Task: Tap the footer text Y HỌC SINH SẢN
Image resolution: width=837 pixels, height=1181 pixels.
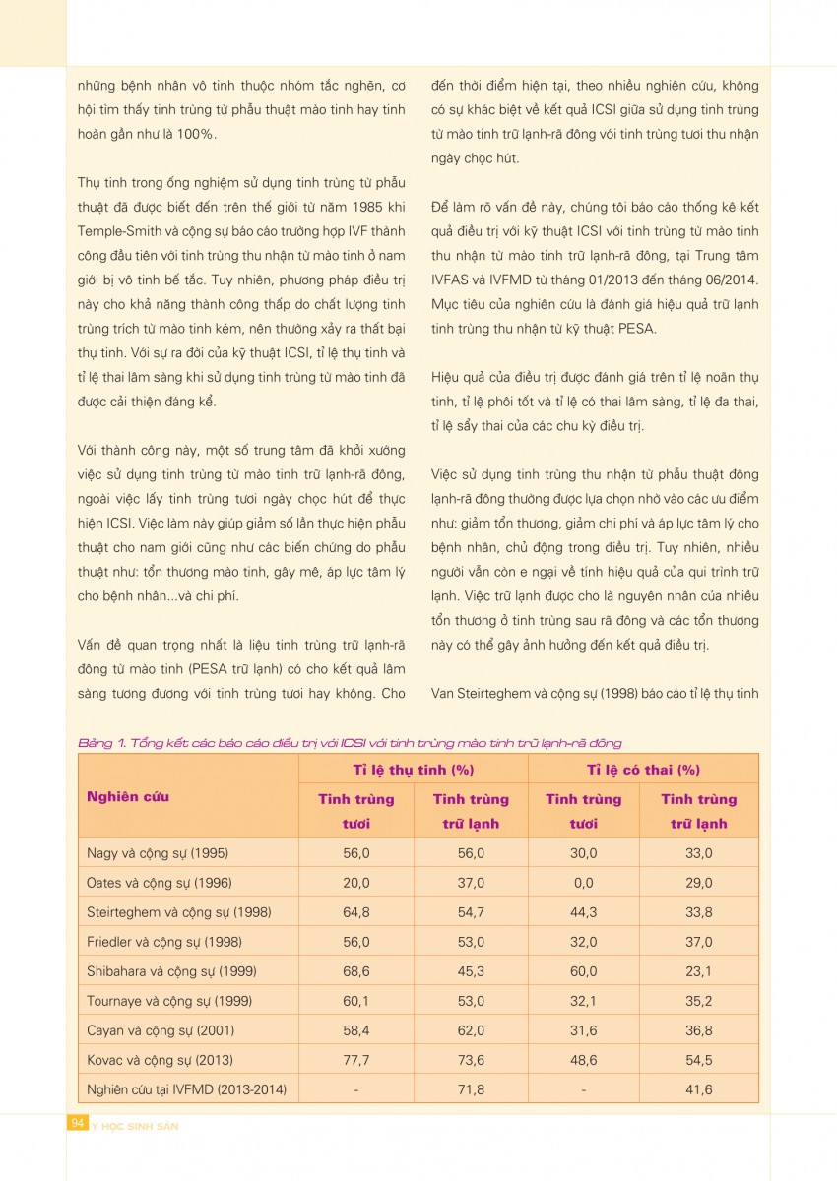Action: coord(135,1125)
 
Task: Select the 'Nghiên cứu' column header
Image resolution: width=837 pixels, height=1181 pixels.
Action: coord(128,796)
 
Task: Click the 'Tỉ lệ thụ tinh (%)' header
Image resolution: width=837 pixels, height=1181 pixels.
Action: coord(414,770)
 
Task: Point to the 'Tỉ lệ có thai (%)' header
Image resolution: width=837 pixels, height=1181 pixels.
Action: coord(643,770)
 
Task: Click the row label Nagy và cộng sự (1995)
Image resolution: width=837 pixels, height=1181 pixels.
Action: coord(158,853)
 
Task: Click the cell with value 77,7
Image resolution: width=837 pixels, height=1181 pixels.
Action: coord(356,1060)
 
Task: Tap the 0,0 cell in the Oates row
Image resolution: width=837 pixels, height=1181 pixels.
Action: coord(584,883)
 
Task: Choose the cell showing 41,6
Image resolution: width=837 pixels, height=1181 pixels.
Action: coord(699,1089)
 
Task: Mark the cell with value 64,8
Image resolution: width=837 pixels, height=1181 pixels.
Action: coord(356,912)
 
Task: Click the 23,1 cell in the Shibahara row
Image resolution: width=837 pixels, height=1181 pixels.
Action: coord(699,971)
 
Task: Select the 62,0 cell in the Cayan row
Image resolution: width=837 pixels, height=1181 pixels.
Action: coord(471,1030)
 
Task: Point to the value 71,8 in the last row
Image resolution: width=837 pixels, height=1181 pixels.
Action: coord(471,1089)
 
